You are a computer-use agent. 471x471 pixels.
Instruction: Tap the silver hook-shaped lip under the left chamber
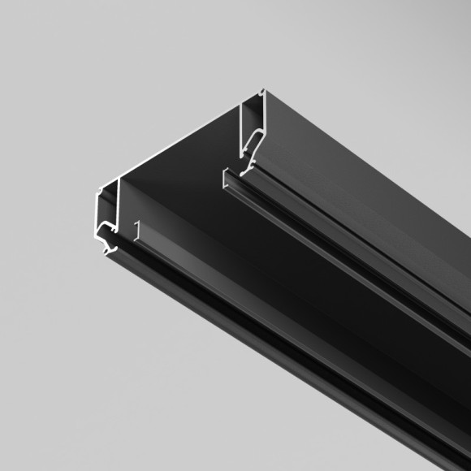point(105,235)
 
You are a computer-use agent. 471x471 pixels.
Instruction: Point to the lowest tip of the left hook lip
point(107,253)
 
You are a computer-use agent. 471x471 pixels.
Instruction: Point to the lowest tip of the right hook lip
point(244,172)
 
